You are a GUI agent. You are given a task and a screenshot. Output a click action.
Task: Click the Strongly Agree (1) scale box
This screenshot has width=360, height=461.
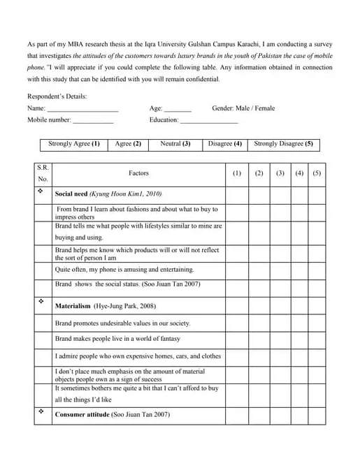[x=73, y=144]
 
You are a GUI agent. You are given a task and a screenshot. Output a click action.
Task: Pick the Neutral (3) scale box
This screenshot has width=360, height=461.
[x=175, y=144]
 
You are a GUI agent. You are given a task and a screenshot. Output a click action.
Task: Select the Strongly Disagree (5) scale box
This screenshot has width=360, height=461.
[x=283, y=144]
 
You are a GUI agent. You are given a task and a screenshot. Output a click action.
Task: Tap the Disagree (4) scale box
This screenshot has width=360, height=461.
[x=224, y=144]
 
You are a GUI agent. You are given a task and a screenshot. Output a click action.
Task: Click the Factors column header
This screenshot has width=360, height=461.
[x=138, y=173]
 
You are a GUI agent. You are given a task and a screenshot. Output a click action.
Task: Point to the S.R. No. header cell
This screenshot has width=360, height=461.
[x=43, y=173]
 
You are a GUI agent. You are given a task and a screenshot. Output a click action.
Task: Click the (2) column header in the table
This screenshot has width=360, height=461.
[x=259, y=173]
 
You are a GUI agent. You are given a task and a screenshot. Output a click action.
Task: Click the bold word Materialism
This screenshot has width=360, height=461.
[x=73, y=306]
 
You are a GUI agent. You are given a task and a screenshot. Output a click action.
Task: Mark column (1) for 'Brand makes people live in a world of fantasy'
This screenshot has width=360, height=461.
[x=236, y=339]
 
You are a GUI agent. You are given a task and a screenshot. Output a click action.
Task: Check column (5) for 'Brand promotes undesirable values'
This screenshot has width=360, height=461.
[x=317, y=323]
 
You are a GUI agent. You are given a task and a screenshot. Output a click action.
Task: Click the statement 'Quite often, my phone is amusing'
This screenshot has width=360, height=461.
[x=124, y=270]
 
